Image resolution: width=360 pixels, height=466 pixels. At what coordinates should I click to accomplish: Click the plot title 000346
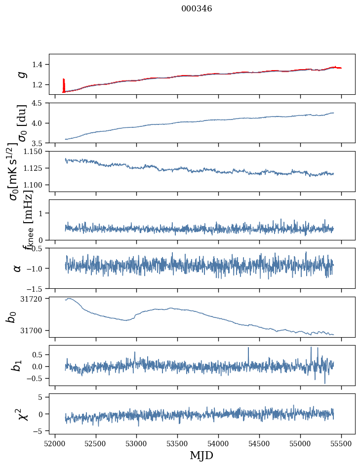tap(197, 8)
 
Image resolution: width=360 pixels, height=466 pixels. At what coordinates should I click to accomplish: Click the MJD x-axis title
tap(201, 455)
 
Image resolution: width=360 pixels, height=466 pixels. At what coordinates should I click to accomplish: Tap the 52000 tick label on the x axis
tap(55, 444)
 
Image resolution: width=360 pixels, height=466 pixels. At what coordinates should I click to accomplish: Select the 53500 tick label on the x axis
tap(178, 444)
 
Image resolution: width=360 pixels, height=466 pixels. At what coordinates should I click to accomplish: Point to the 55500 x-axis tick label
tap(341, 444)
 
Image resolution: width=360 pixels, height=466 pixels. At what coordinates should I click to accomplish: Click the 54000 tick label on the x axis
tap(218, 444)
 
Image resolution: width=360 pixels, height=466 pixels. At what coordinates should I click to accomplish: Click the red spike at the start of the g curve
tap(64, 85)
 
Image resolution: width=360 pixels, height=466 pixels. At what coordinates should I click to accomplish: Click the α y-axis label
tap(18, 269)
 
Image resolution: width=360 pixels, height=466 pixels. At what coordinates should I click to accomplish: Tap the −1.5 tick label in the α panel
tap(36, 289)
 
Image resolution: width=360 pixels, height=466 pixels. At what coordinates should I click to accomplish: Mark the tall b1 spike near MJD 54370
tap(248, 355)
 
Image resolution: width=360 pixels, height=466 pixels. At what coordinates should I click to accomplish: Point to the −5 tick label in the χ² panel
tap(40, 431)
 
